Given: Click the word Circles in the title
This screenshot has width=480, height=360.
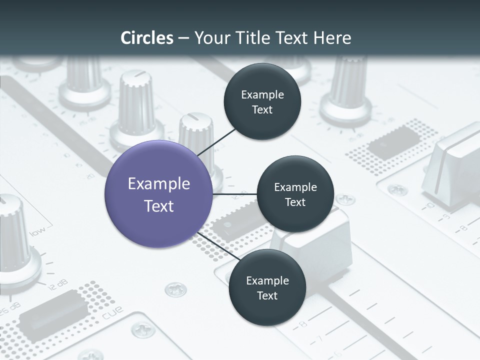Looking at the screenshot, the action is (147, 38).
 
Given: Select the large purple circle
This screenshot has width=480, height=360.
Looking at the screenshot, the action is (159, 194).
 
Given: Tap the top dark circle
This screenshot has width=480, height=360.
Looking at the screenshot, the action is (262, 101).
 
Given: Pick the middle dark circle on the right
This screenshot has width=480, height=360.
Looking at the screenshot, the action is (295, 194).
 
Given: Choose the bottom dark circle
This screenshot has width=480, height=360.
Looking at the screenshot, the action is (267, 287).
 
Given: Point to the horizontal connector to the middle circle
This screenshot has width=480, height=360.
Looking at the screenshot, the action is (235, 194).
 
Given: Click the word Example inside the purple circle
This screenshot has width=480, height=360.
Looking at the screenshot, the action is (159, 183).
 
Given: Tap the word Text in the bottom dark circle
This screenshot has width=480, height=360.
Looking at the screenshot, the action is (267, 296).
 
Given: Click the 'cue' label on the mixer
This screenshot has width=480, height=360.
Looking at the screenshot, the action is (112, 312).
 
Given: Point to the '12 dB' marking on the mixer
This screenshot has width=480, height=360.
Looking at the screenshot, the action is (56, 285).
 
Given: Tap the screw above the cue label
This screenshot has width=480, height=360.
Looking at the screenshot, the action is (175, 288).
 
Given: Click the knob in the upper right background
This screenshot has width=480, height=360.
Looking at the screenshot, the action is (346, 92).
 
